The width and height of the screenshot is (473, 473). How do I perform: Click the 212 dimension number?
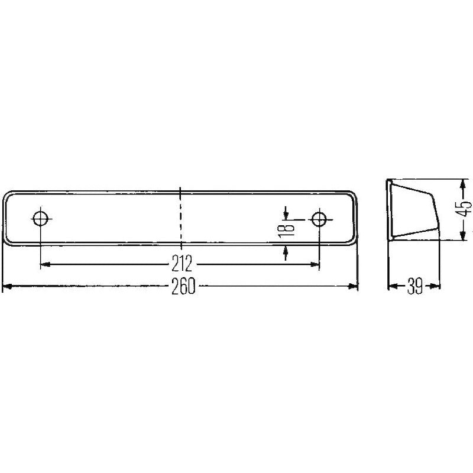click(x=182, y=263)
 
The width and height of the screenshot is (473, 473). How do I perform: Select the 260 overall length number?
click(x=183, y=286)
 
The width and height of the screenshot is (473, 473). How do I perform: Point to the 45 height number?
click(x=464, y=208)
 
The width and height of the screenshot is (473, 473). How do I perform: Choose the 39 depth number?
click(x=415, y=286)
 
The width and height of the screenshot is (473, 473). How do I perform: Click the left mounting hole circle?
click(x=41, y=218)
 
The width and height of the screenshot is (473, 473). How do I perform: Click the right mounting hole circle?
click(x=319, y=219)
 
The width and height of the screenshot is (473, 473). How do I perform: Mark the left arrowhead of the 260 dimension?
click(x=7, y=286)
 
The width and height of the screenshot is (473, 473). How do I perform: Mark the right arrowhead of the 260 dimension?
click(x=353, y=286)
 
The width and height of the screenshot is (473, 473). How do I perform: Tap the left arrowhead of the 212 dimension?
click(x=45, y=264)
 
